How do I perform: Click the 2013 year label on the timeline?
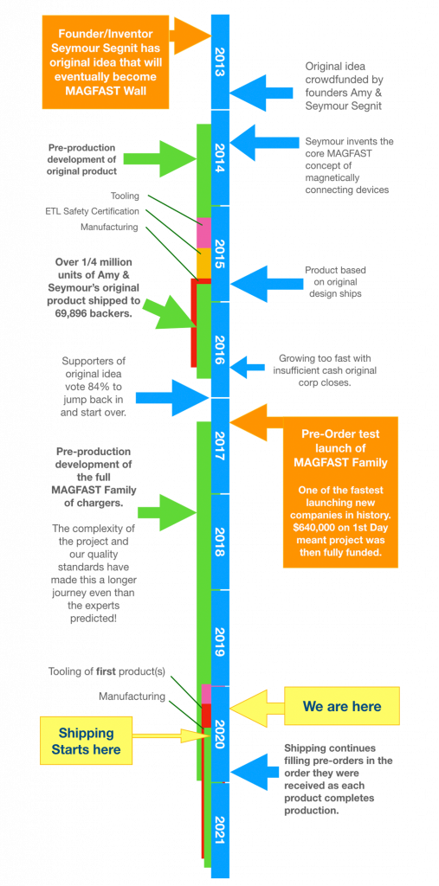220,62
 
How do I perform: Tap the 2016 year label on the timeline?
220,350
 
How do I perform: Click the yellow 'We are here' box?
342,706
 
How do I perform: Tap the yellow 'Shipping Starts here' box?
86,741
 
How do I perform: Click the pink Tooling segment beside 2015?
203,232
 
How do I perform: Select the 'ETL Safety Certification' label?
92,211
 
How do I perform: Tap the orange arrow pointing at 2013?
190,35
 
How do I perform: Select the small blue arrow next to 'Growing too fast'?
247,367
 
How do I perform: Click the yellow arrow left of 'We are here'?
256,706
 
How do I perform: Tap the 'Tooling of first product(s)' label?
107,671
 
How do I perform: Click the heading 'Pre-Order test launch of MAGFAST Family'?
340,448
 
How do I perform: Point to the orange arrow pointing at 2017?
257,422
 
